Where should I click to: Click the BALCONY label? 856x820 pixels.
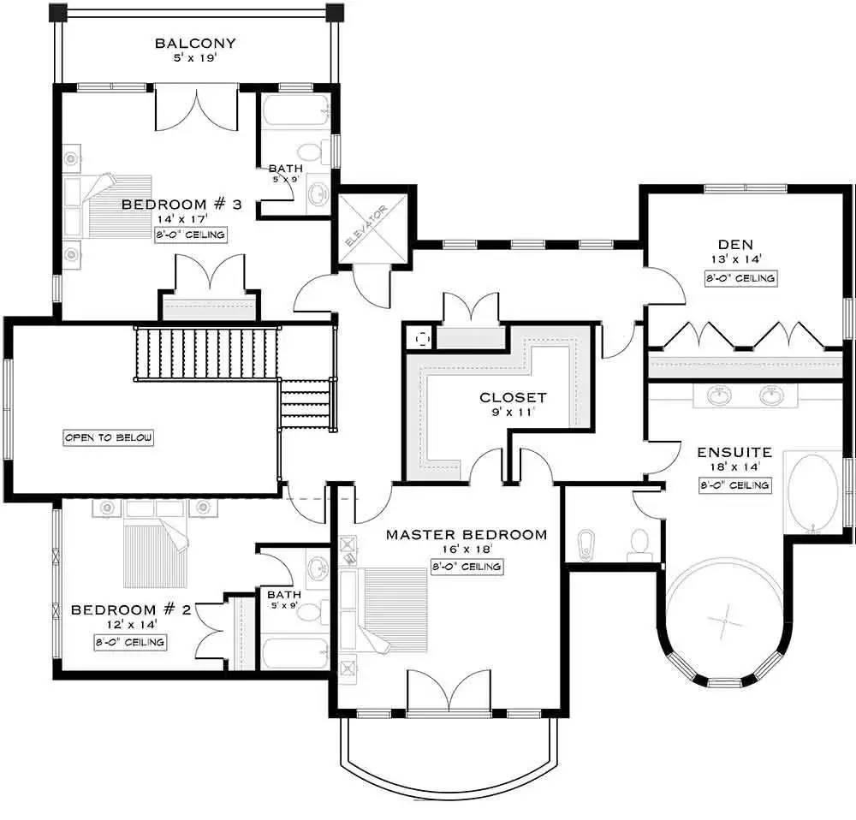pos(195,44)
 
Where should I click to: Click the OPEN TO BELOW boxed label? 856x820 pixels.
pos(109,437)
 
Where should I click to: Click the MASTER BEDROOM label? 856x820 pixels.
pos(466,535)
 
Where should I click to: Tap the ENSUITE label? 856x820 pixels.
pos(734,452)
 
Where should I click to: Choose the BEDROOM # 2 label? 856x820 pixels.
pos(130,609)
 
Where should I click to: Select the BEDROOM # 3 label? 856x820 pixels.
pos(181,205)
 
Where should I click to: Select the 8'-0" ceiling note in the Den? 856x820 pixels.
pos(741,278)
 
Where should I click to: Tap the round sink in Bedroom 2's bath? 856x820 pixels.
pos(317,567)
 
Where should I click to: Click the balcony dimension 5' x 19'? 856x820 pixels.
pos(195,60)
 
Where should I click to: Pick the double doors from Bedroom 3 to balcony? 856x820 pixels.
pos(197,109)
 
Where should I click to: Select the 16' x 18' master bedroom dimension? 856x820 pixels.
pos(466,551)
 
